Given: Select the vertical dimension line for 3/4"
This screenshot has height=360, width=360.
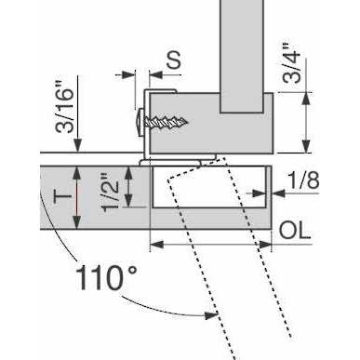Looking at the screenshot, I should (x=304, y=121).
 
